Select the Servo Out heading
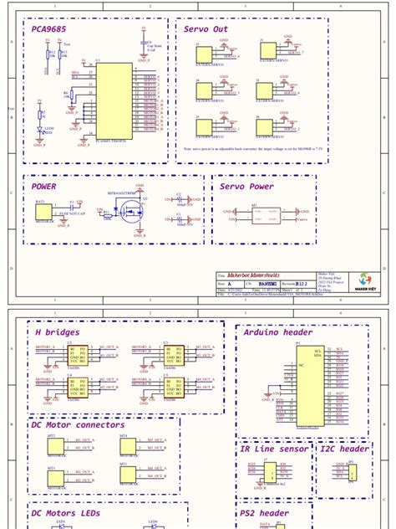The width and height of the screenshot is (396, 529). click(206, 29)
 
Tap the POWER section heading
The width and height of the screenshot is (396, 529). click(43, 187)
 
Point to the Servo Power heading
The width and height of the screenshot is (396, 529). click(246, 187)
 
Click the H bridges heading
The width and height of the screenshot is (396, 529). click(57, 332)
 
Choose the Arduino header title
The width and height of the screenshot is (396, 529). click(277, 332)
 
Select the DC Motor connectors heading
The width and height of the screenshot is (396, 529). click(77, 425)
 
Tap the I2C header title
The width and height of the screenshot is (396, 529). click(343, 449)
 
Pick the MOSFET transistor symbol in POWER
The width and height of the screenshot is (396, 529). click(130, 213)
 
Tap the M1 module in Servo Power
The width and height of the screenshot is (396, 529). click(267, 215)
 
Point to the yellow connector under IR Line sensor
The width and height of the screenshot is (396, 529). click(271, 473)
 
